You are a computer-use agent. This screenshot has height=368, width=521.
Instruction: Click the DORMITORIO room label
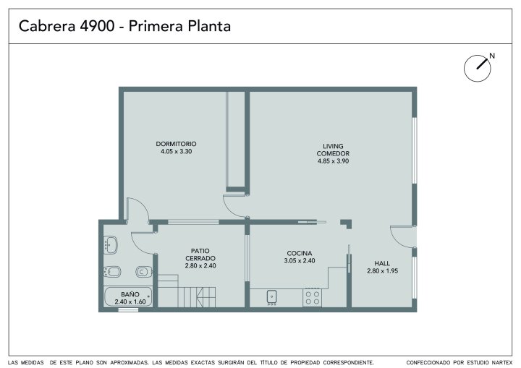point(176,144)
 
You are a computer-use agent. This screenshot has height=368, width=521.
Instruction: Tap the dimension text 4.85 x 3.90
point(333,161)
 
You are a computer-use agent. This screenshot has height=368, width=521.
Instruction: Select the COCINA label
point(300,253)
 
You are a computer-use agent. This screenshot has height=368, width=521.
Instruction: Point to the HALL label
point(382,263)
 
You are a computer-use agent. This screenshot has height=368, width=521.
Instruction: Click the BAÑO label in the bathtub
point(130,294)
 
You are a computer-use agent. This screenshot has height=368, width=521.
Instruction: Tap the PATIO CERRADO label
point(200,254)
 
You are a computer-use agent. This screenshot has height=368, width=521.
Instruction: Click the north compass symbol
point(478,68)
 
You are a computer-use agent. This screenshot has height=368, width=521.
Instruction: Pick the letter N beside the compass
point(492,56)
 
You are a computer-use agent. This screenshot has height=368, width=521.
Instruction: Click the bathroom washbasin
point(110,245)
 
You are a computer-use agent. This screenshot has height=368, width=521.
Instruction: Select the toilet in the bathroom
point(144,272)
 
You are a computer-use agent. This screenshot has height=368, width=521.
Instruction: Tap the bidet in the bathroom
point(112,272)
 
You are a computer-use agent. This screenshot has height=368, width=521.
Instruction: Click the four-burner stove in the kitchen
point(313,297)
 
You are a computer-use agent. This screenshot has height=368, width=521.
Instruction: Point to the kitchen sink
point(272,297)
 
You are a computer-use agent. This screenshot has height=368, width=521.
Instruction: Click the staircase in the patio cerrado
point(187,291)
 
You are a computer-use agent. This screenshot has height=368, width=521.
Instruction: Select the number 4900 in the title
point(97,26)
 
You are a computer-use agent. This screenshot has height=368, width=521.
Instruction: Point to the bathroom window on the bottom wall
point(128,310)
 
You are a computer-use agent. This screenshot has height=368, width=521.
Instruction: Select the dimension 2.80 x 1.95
point(383,270)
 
